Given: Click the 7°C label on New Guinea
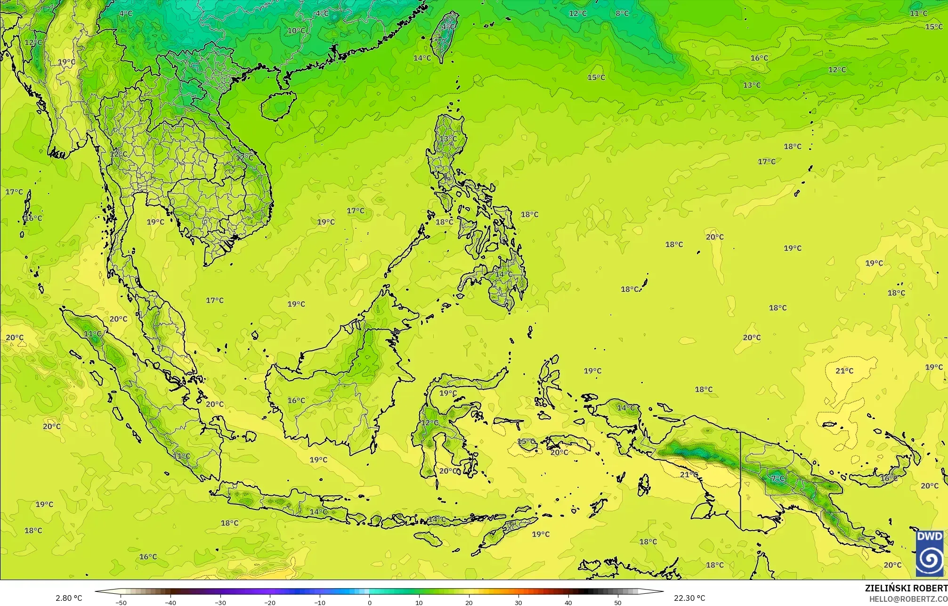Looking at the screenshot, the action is point(778,478).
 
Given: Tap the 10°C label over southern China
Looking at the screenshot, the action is point(296,31).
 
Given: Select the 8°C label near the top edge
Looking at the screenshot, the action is point(622,13).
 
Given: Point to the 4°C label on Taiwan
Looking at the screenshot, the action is point(448,27).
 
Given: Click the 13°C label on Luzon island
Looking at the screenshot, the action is point(448,139).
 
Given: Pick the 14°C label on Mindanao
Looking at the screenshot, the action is point(503,274).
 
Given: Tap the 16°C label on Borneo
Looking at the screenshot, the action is point(296,400).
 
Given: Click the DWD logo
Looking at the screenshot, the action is point(930,553).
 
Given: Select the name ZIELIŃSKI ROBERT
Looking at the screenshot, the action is point(906,588).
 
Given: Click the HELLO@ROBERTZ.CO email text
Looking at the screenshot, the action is point(908,598).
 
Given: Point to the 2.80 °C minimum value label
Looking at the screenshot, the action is point(69,598).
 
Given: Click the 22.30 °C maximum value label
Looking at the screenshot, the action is point(689,598).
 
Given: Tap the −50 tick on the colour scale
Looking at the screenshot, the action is point(121,603).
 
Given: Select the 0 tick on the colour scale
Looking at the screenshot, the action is point(369,603).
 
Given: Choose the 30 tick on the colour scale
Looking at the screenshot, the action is point(518,603).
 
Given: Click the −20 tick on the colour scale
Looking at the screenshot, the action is point(269,603).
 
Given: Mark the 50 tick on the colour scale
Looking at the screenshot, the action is point(618,603).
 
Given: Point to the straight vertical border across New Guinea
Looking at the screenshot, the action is point(741,480).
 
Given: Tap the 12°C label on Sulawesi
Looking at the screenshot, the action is point(429,422).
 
